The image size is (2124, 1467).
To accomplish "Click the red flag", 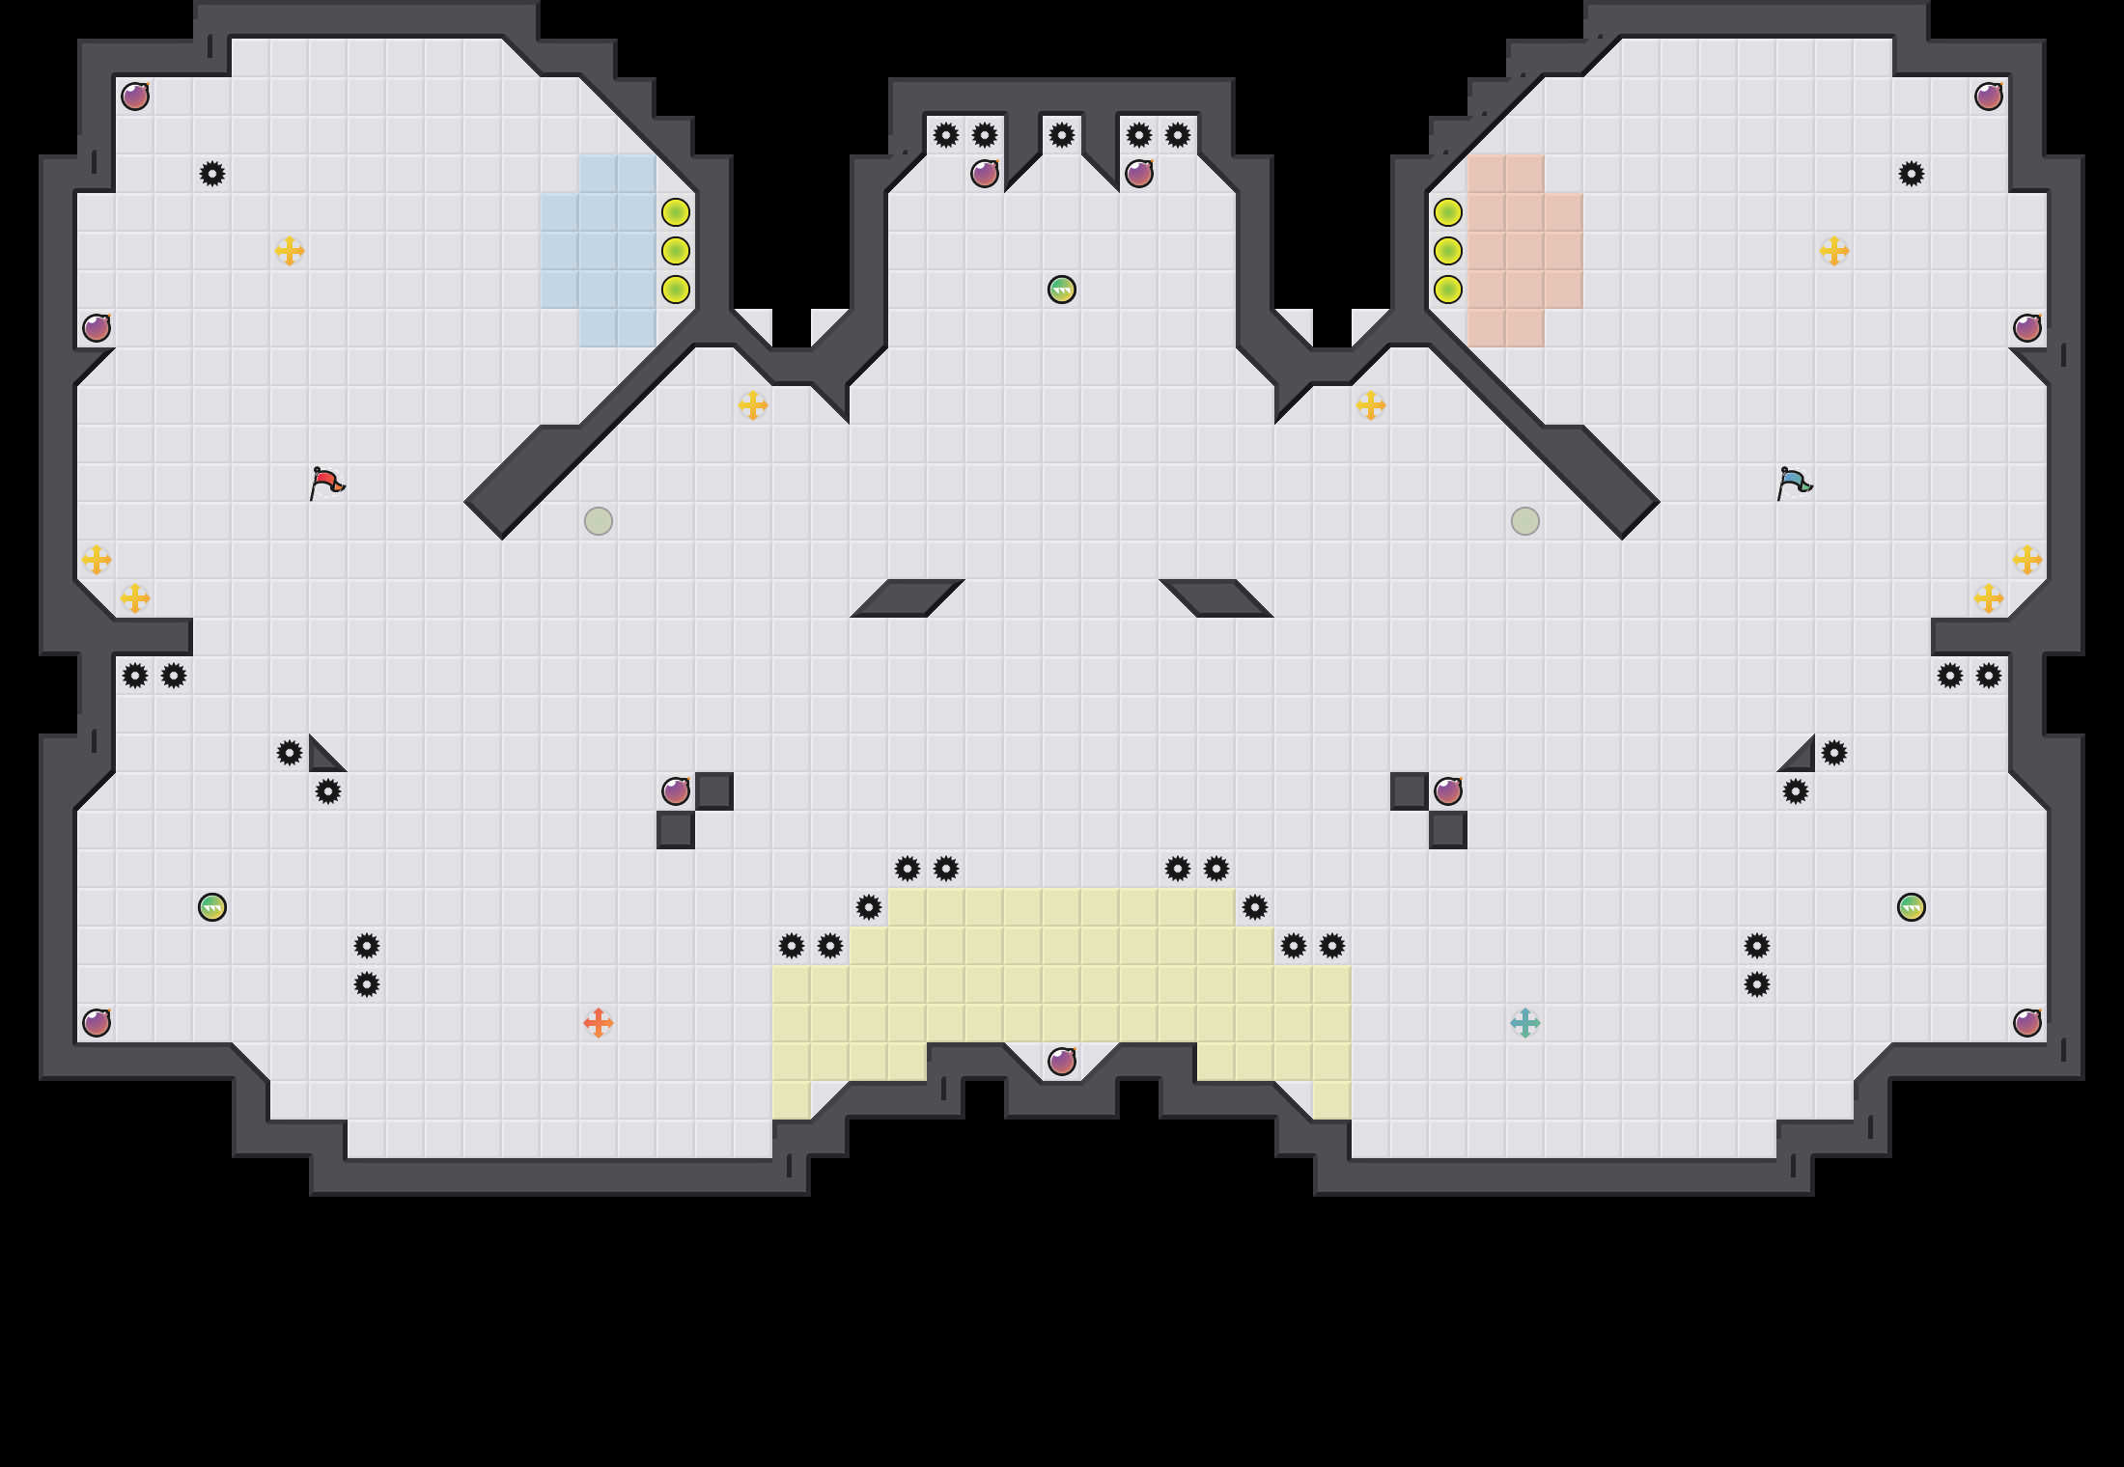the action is pyautogui.click(x=326, y=482).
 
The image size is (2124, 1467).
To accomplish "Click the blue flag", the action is pyautogui.click(x=1794, y=482).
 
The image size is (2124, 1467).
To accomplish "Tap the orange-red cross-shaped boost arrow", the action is pyautogui.click(x=599, y=1022).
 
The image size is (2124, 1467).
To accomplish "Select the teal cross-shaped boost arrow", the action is pyautogui.click(x=1525, y=1022).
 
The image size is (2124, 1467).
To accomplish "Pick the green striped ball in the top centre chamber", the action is pyautogui.click(x=1062, y=290).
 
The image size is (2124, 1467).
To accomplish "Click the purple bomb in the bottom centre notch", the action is pyautogui.click(x=1062, y=1062).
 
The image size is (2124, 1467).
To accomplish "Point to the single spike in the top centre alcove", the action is pyautogui.click(x=1062, y=135).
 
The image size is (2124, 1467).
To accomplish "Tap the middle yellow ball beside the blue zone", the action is pyautogui.click(x=676, y=251).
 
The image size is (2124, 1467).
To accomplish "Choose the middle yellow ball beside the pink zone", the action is pyautogui.click(x=1448, y=251).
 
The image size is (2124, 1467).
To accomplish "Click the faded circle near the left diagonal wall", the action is pyautogui.click(x=599, y=521).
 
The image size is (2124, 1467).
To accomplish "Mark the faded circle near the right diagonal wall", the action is pyautogui.click(x=1525, y=521).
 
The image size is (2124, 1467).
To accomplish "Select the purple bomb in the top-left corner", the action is pyautogui.click(x=135, y=97).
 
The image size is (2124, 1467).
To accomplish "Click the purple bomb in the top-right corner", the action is pyautogui.click(x=1989, y=97).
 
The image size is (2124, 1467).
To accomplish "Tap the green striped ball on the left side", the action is pyautogui.click(x=212, y=907).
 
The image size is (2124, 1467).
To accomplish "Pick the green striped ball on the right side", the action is pyautogui.click(x=1912, y=907).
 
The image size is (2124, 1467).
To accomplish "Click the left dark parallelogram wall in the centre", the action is pyautogui.click(x=908, y=597).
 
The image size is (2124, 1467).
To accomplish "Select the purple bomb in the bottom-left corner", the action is pyautogui.click(x=97, y=1022).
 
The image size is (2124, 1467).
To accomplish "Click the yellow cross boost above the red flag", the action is pyautogui.click(x=290, y=251).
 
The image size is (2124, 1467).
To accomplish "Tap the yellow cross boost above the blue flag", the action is pyautogui.click(x=1834, y=251).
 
